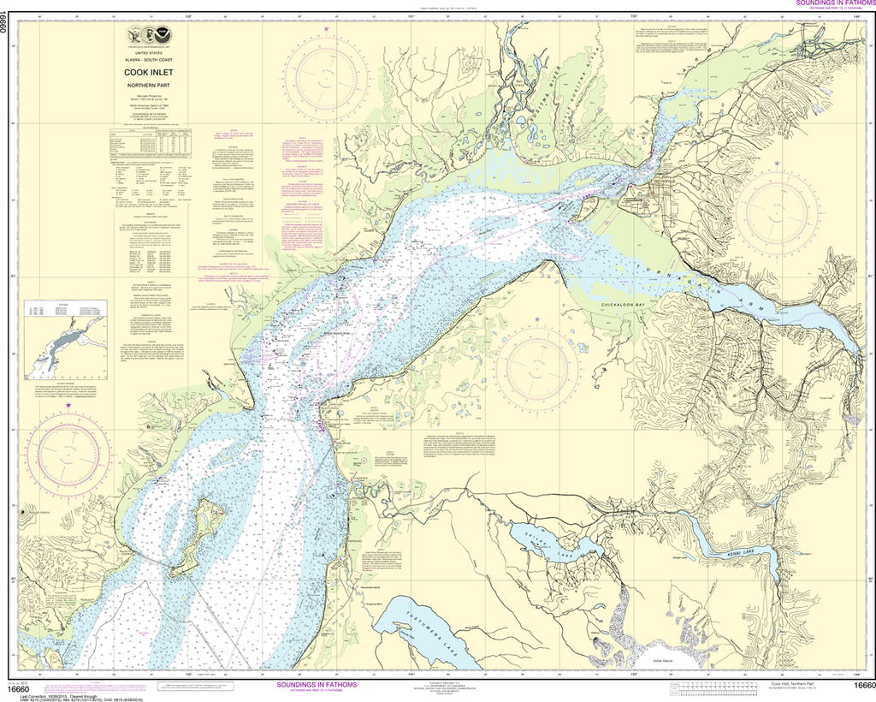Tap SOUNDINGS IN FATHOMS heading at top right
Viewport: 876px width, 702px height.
tap(826, 4)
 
